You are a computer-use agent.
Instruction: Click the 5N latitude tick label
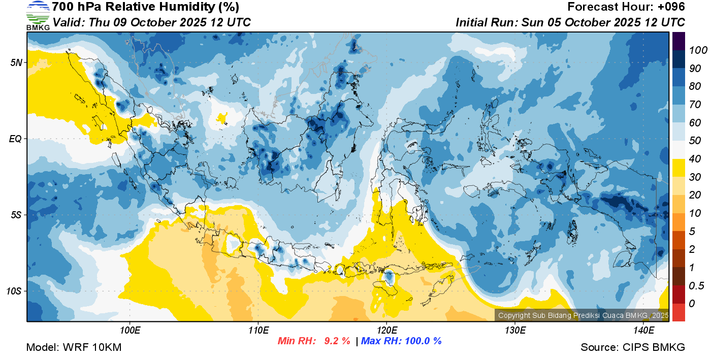pyautogui.click(x=16, y=62)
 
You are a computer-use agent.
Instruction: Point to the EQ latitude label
pyautogui.click(x=15, y=139)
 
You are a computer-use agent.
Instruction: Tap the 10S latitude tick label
pyautogui.click(x=14, y=291)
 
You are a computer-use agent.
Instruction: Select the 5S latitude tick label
pyautogui.click(x=16, y=215)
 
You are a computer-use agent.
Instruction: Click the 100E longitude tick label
pyautogui.click(x=130, y=331)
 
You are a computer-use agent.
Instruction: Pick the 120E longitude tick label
pyautogui.click(x=386, y=331)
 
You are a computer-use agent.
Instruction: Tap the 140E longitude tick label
pyautogui.click(x=643, y=331)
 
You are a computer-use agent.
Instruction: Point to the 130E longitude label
pyautogui.click(x=515, y=331)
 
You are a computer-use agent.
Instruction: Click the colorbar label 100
pyautogui.click(x=698, y=50)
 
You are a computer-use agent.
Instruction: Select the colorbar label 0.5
pyautogui.click(x=696, y=286)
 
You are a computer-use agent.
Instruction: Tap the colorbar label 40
pyautogui.click(x=695, y=159)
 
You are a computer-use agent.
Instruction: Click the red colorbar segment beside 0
pyautogui.click(x=678, y=312)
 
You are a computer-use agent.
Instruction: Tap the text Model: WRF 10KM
pyautogui.click(x=74, y=347)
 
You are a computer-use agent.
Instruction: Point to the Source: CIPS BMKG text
pyautogui.click(x=633, y=347)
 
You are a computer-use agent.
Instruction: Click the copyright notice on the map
pyautogui.click(x=583, y=315)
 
